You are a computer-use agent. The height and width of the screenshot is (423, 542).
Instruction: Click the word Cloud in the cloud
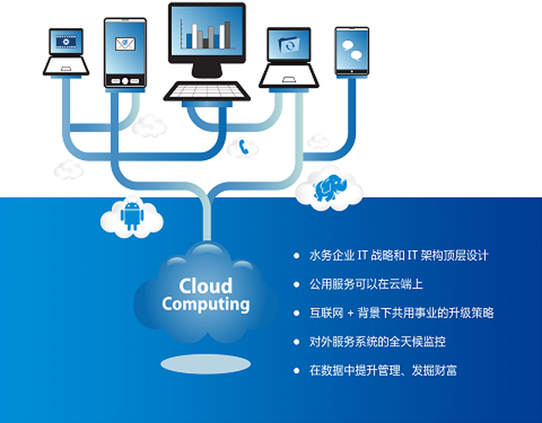coord(205,285)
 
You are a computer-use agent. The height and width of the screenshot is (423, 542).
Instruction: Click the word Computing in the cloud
coord(206,304)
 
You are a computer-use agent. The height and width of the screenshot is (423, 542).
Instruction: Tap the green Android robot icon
coord(130,215)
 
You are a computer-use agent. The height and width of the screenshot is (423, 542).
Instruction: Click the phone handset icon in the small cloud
coord(244,146)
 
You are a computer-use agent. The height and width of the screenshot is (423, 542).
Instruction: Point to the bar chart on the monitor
coord(207,33)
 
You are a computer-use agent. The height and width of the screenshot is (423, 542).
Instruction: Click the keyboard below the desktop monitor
coord(207,90)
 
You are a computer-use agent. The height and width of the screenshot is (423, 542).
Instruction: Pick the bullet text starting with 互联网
coord(401,312)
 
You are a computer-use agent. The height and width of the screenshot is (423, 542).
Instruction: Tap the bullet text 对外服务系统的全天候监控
coord(378,341)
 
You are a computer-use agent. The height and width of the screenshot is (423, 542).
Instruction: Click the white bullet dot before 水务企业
coord(296,255)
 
